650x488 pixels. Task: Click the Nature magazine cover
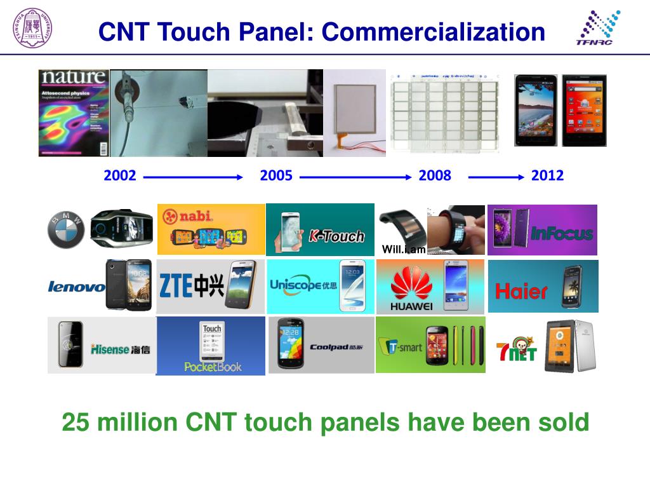[74, 113]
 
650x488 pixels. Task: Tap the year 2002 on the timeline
[120, 176]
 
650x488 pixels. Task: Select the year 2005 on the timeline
[276, 176]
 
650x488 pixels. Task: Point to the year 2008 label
[435, 176]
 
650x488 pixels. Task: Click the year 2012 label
[547, 176]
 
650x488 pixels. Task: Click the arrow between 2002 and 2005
[193, 177]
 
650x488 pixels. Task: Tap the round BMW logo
[66, 229]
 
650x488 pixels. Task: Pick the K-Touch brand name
[336, 236]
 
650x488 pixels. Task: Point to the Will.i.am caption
[404, 250]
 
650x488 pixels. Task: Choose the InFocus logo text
[562, 233]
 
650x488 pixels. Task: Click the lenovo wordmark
[76, 287]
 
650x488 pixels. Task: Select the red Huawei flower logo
[411, 283]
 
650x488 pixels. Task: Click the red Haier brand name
[521, 292]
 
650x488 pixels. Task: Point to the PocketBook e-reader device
[212, 343]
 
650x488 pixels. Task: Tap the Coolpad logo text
[336, 347]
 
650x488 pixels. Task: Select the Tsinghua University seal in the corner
[32, 29]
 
